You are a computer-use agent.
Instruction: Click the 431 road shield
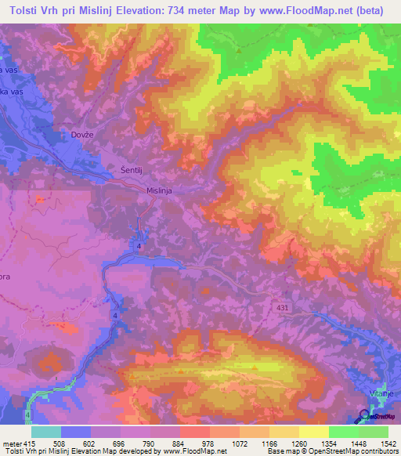(x=282, y=309)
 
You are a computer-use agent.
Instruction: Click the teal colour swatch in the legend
(x=45, y=432)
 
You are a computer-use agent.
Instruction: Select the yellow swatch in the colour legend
(x=312, y=432)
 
